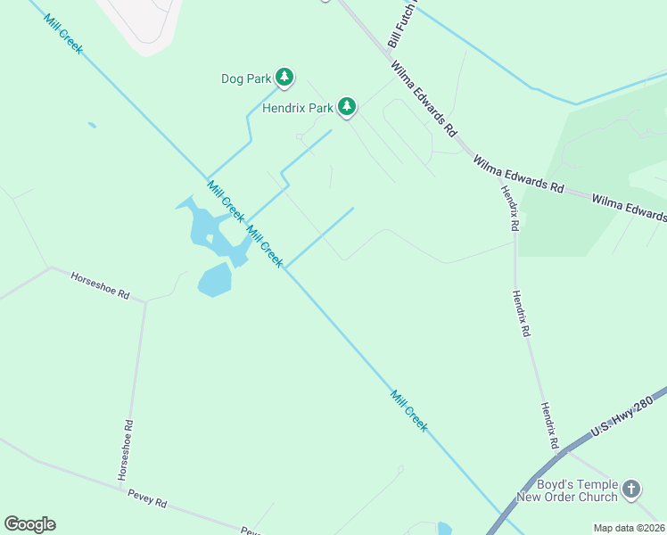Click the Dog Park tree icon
pos(284,78)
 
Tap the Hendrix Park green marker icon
pos(346,108)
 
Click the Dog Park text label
pos(245,78)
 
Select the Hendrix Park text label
pos(297,109)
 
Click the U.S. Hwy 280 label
pos(627,412)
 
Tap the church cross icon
pos(631,489)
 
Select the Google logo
pos(29,523)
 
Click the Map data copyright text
pos(629,528)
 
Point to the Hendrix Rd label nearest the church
pos(548,424)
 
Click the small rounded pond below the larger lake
pos(215,280)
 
